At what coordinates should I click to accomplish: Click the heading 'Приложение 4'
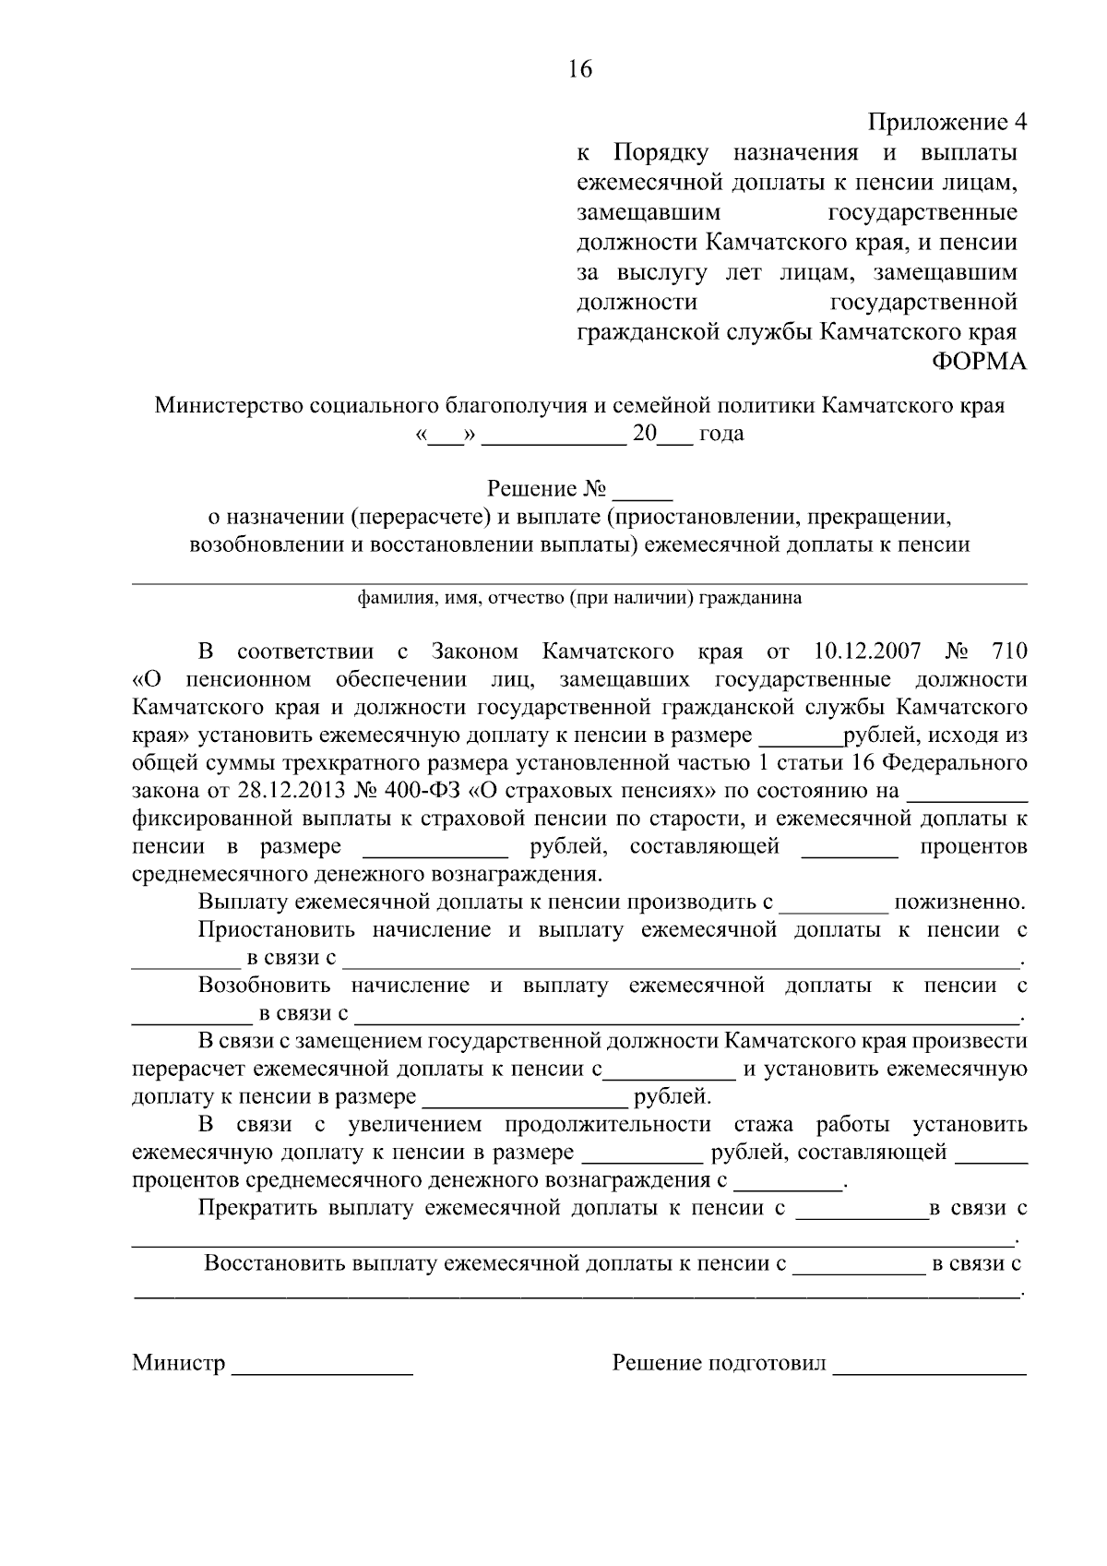(946, 122)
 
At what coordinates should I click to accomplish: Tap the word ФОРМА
(977, 362)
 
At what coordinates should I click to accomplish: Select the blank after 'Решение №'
(643, 489)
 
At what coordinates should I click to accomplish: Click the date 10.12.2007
(868, 652)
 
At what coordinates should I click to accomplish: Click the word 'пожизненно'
(960, 902)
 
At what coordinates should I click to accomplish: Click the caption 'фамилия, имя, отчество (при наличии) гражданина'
(579, 598)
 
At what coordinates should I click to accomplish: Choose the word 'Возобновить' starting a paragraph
(267, 986)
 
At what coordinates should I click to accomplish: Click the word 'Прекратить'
(258, 1208)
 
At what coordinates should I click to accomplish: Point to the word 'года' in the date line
(721, 434)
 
